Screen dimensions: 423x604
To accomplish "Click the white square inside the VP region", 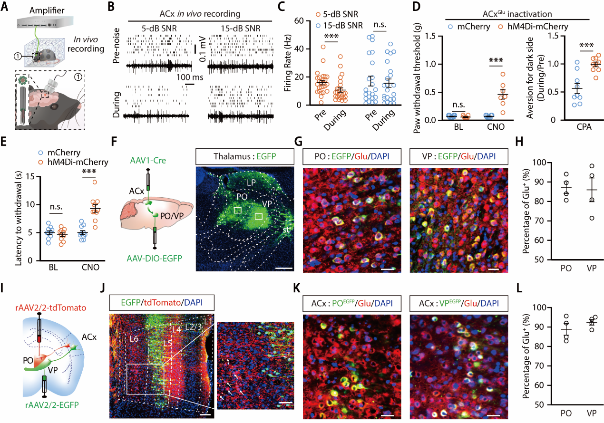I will (x=259, y=216).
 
